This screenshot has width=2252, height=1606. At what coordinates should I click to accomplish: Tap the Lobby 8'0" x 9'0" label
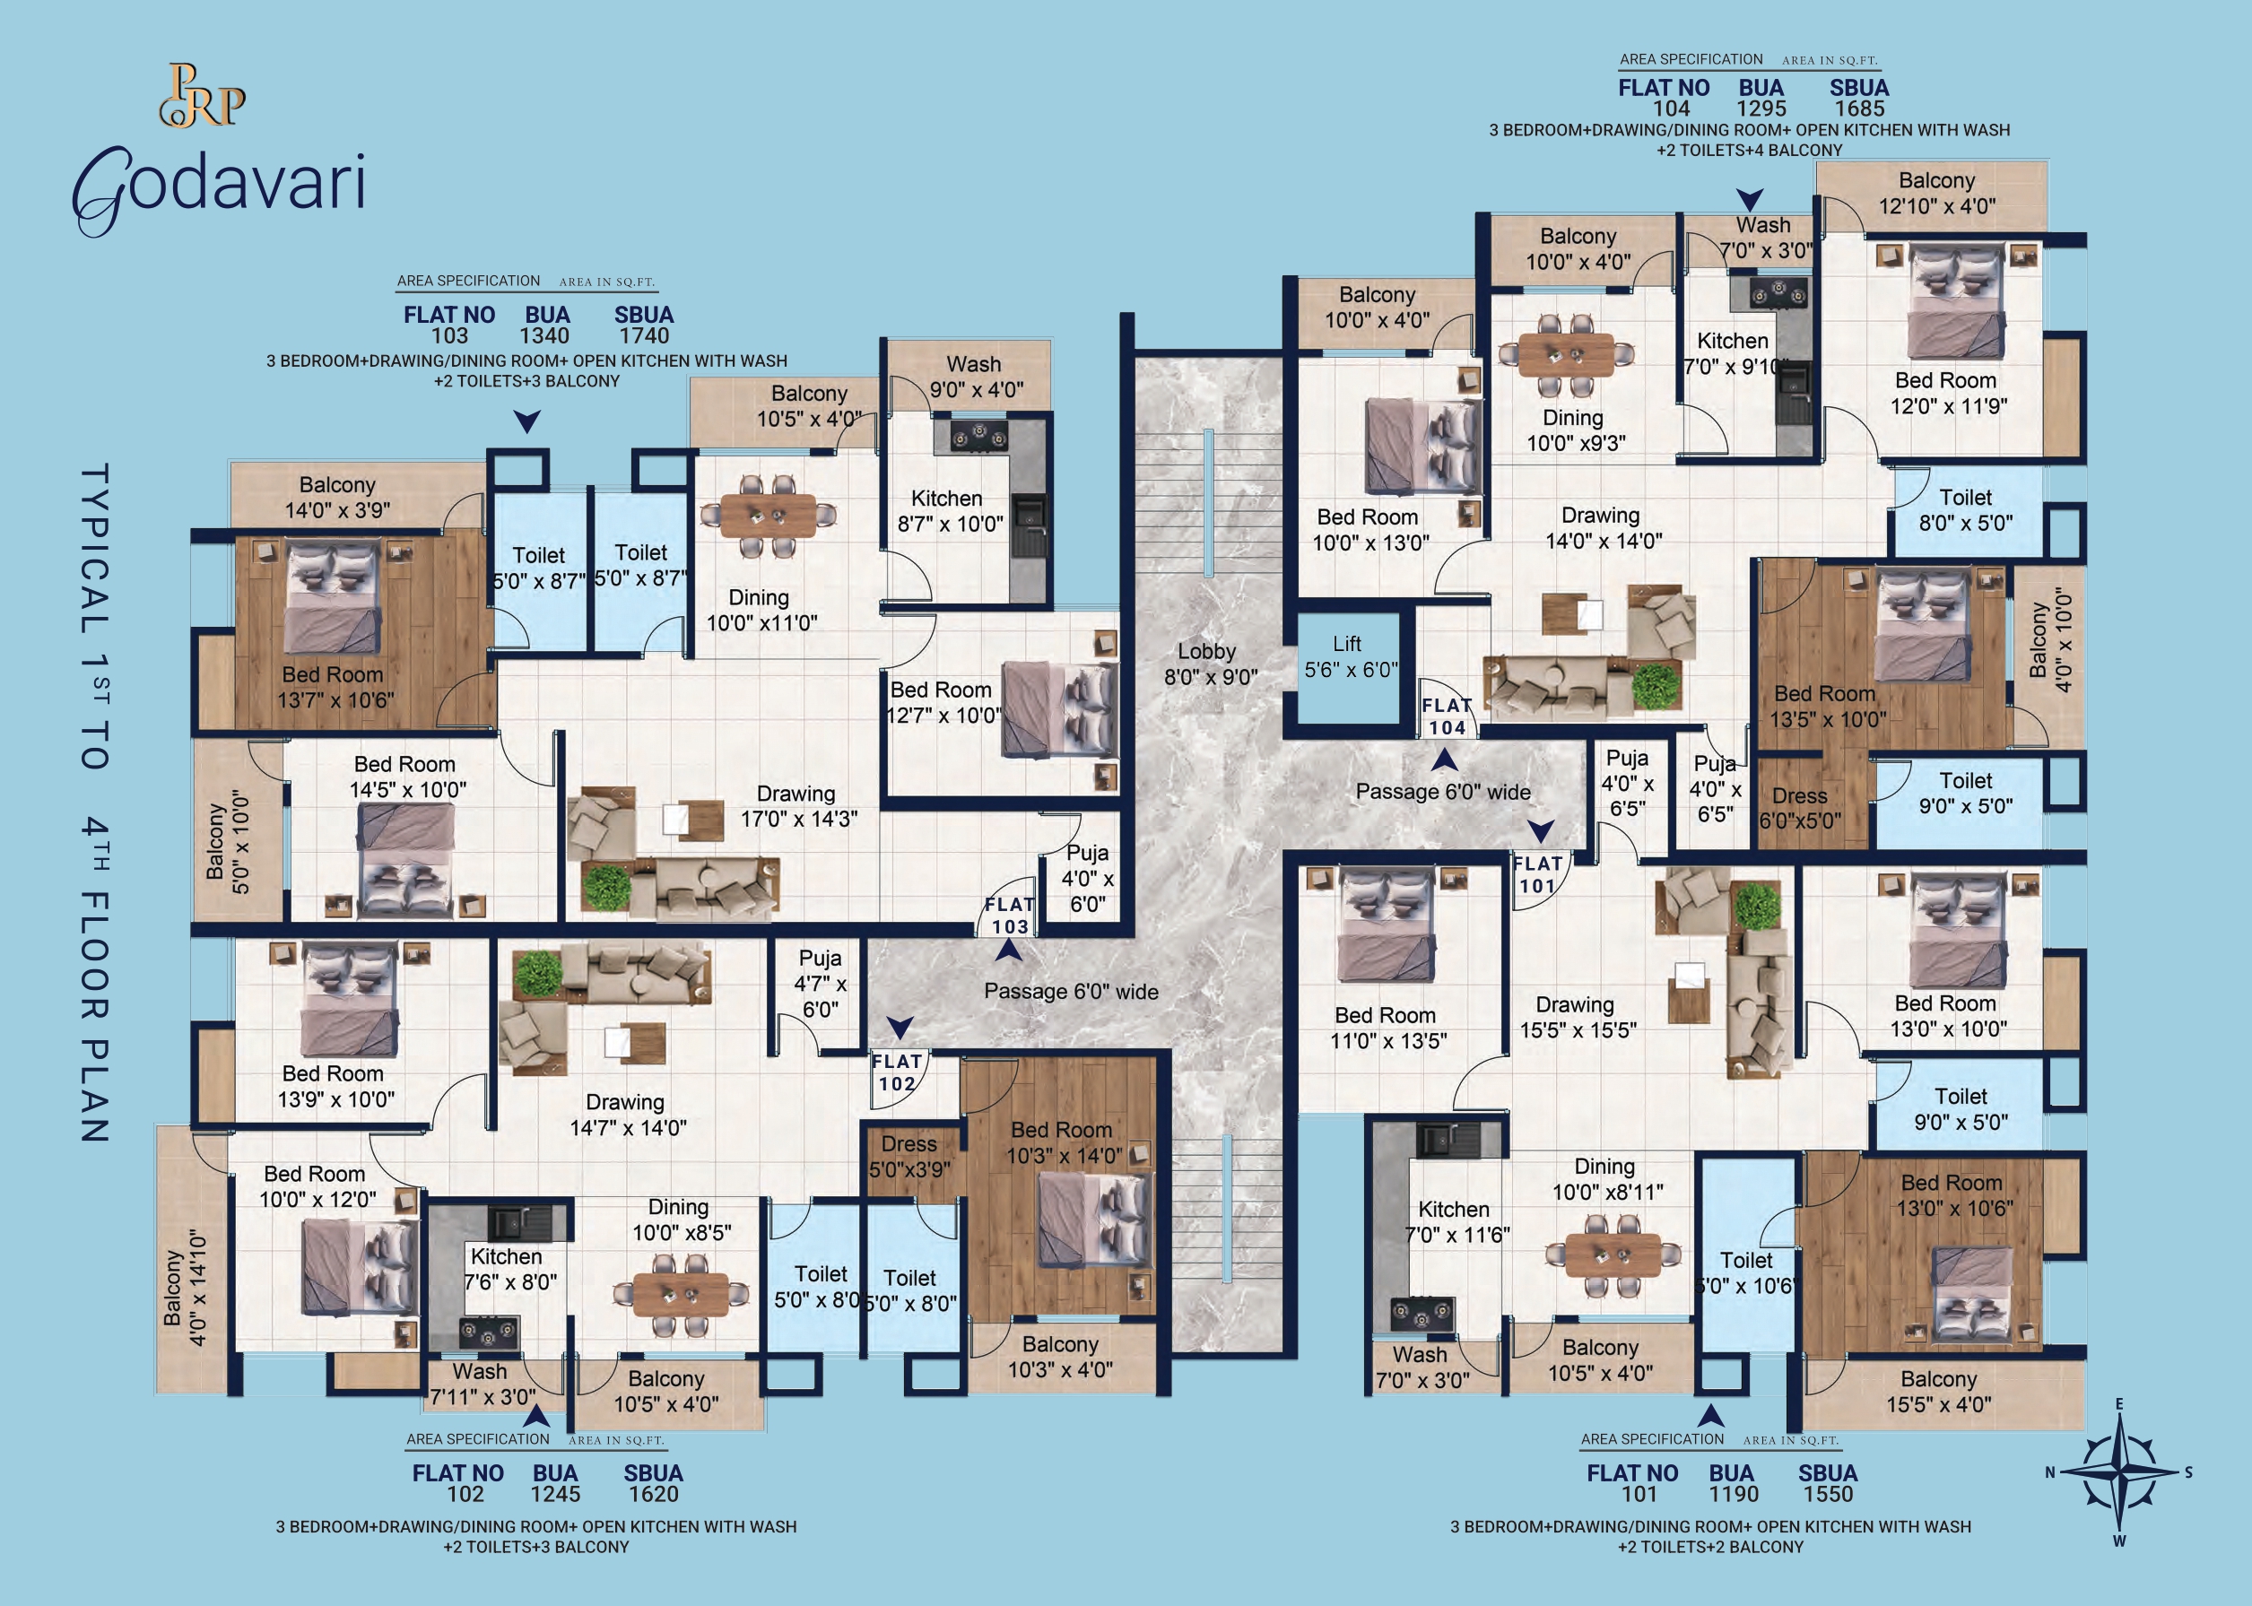pos(1210,664)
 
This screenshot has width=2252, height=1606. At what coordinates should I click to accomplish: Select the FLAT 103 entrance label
pos(1010,916)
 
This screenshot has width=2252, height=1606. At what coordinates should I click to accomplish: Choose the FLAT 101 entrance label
pos(1538,875)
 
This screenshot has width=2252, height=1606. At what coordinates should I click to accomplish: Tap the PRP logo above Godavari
pos(203,96)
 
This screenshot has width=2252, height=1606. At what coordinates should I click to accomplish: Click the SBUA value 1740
pos(644,336)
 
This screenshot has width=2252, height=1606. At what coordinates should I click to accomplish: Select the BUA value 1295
pos(1761,109)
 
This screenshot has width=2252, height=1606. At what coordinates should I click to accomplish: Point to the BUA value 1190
pos(1734,1494)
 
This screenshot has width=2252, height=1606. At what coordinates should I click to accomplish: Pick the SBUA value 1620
pos(654,1494)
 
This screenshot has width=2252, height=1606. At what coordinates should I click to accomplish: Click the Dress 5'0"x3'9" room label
pos(909,1157)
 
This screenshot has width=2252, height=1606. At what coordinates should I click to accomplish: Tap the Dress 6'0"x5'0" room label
pos(1800,808)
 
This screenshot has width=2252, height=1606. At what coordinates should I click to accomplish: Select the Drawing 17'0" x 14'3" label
pos(798,806)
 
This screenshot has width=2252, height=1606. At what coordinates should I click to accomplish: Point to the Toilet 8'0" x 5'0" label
pos(1965,510)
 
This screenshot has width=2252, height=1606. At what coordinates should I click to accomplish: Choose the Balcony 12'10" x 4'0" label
pos(1936,193)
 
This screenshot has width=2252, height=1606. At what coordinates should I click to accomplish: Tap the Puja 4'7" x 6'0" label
pos(820,984)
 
